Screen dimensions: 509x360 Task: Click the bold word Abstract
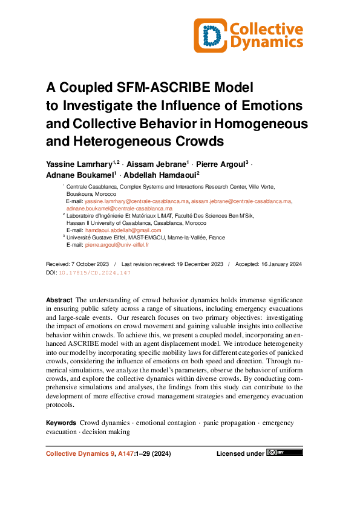[59, 300]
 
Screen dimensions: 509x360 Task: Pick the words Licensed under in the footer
[240, 453]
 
